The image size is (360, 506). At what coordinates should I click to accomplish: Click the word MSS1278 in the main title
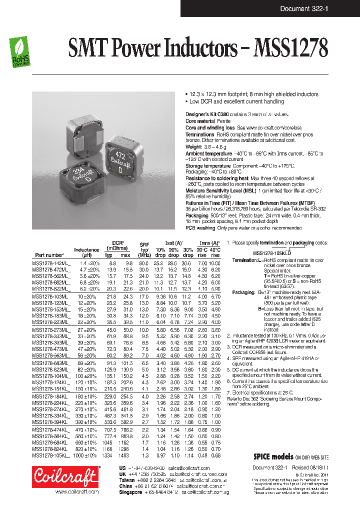291,49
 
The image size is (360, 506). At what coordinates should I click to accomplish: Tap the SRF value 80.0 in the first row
144,263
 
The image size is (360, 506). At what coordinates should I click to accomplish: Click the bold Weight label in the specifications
193,147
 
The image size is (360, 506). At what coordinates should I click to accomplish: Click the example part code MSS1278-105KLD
271,253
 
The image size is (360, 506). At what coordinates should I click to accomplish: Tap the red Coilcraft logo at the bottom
65,476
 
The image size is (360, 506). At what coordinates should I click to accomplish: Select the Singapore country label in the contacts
130,491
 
